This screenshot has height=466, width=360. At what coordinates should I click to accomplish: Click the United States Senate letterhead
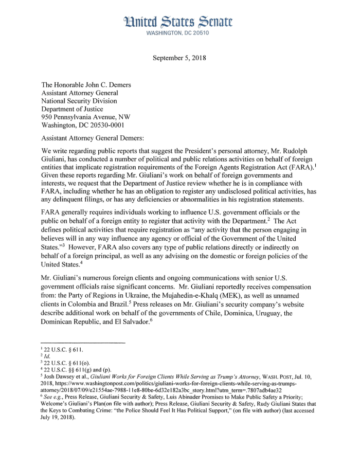179,22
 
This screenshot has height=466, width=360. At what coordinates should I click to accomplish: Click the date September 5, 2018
179,58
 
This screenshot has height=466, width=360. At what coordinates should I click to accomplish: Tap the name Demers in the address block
116,85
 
